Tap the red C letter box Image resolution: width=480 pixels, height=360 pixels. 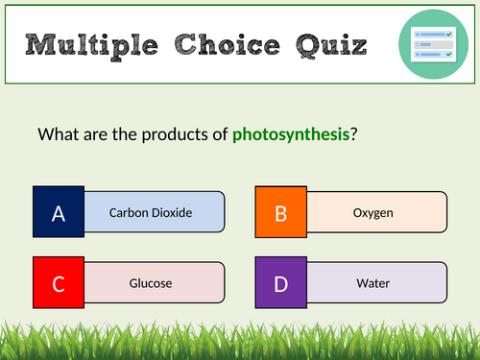[59, 283]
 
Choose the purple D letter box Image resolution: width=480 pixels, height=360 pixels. [281, 283]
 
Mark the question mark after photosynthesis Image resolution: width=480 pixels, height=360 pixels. [354, 133]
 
